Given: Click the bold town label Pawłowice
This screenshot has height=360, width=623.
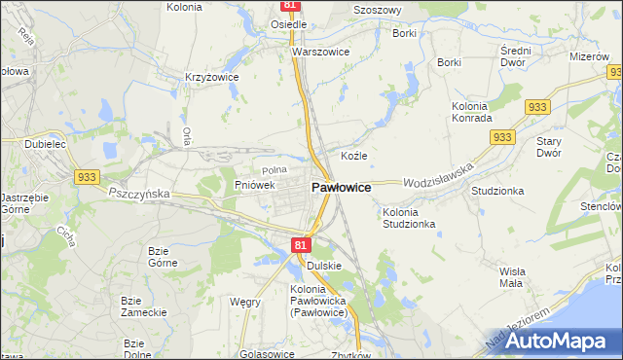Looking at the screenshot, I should coord(340,187).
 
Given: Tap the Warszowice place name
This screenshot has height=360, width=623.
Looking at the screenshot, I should coord(320,52).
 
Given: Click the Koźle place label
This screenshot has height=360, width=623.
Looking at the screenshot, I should coord(353,156).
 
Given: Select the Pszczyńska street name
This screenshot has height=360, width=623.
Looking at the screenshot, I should coord(139,194).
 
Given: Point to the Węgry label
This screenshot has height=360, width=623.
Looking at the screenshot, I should coord(244,302).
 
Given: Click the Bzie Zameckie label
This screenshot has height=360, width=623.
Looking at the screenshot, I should coord(141,306).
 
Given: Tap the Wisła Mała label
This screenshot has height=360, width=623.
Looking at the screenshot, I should coord(510,277).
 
